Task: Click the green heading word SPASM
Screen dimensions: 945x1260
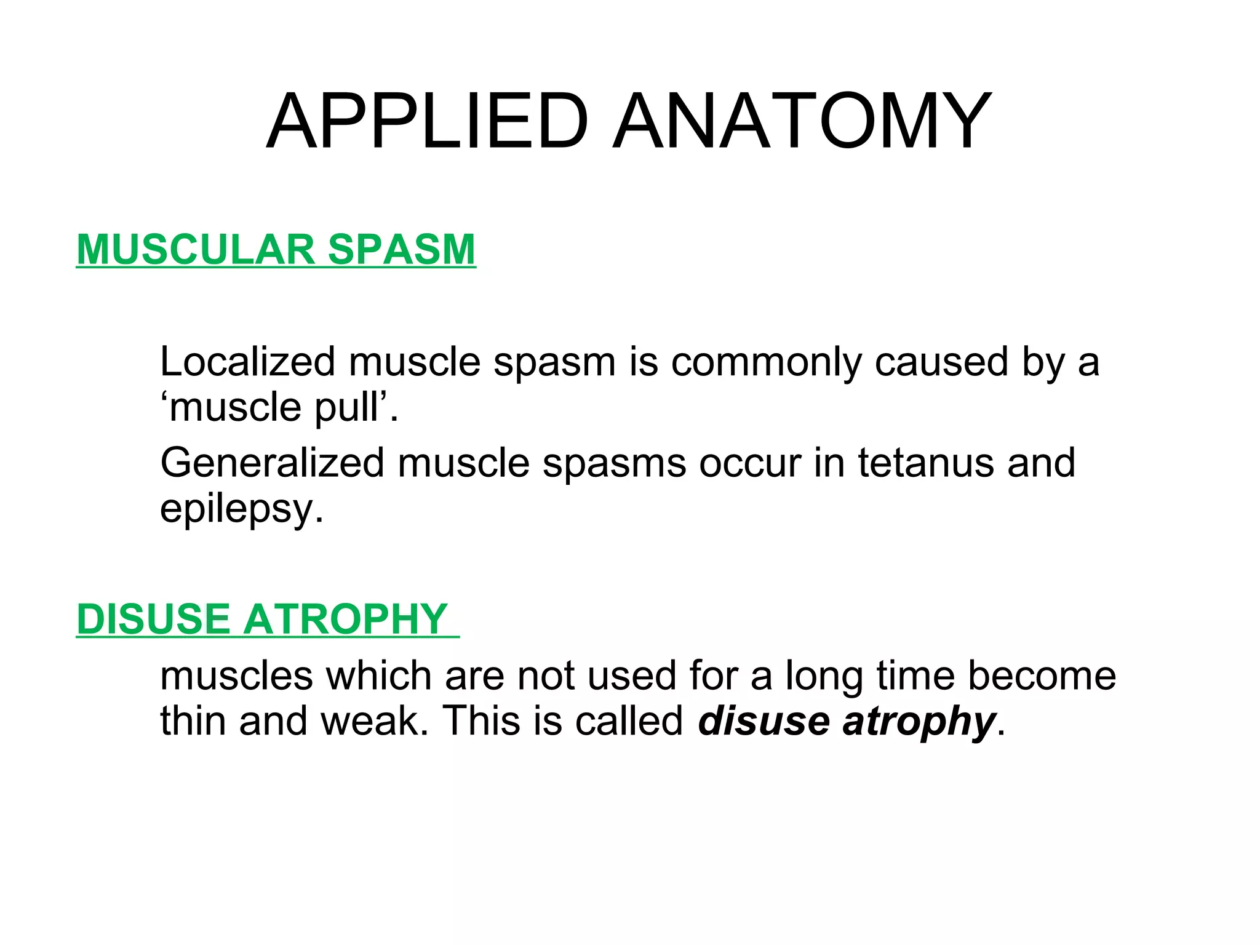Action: click(x=402, y=250)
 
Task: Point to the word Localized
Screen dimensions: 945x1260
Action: click(x=247, y=362)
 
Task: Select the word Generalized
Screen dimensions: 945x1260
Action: click(x=272, y=463)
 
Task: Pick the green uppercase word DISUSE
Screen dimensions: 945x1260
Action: click(x=153, y=619)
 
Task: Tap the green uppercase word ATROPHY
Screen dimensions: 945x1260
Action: click(x=346, y=619)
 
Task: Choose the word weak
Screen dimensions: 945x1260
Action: click(x=375, y=721)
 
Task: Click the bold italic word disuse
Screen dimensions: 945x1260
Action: click(x=764, y=721)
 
